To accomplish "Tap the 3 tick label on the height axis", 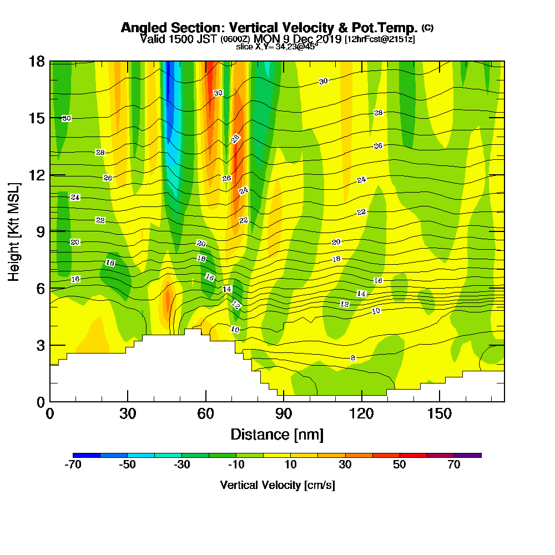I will (40, 345).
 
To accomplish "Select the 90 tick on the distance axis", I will (284, 414).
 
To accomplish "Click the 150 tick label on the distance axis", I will (439, 414).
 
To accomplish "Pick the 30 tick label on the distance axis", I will (128, 414).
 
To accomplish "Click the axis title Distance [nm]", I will (277, 434).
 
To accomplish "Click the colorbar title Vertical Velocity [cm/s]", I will (277, 485).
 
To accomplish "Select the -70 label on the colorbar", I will (73, 465).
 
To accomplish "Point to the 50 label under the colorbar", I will (400, 465).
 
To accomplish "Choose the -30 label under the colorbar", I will (182, 465).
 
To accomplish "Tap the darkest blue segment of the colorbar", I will (87, 455).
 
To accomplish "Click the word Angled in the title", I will (143, 28).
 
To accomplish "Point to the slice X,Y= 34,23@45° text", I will (277, 47).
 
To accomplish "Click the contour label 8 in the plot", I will (353, 358).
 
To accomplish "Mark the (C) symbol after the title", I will (427, 27).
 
